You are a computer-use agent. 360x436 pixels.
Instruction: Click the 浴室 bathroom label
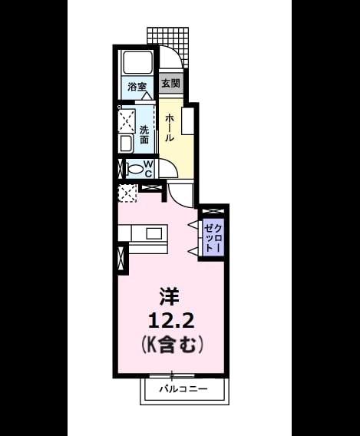pos(137,87)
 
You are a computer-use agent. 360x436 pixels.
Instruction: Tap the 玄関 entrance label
pos(171,83)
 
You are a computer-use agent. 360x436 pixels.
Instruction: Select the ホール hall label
pos(170,128)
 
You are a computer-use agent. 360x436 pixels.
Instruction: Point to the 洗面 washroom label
pos(144,134)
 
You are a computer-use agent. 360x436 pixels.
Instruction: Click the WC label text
pos(148,169)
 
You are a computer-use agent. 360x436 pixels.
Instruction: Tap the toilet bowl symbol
pos(135,169)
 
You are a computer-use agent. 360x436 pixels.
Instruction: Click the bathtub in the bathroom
pos(138,62)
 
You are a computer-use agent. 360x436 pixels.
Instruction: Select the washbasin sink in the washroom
pos(126,144)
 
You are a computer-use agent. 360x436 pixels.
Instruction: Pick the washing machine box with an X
pos(127,121)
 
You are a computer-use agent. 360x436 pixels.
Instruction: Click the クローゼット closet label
pos(213,238)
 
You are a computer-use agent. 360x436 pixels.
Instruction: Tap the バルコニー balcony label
pos(183,388)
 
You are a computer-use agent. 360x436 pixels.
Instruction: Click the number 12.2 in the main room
pos(171,322)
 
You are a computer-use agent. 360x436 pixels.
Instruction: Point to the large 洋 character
pos(169,297)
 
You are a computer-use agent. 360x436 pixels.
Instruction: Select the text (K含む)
pos(171,345)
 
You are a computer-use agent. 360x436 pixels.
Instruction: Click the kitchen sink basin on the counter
pos(154,233)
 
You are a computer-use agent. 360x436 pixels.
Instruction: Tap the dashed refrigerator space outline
pos(127,193)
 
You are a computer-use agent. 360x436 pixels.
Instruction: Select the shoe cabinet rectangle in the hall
pos(187,121)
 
